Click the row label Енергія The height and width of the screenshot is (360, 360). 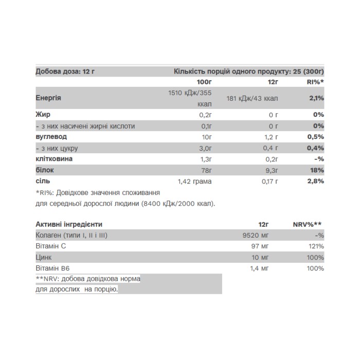tap(49, 98)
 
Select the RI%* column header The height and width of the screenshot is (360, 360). tap(315, 82)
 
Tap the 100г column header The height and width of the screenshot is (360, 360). tap(204, 82)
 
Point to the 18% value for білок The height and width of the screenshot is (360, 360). tap(317, 170)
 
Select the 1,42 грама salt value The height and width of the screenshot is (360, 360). tap(194, 181)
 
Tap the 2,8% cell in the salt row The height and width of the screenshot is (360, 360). tap(315, 181)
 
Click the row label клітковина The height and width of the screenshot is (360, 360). tap(54, 159)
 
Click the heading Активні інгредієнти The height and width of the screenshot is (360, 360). tap(69, 224)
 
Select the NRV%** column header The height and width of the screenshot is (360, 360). tap(308, 224)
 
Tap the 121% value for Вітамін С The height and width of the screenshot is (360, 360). tap(316, 246)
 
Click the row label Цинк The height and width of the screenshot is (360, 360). tap(44, 258)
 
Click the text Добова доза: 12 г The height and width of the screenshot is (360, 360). tap(65, 71)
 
